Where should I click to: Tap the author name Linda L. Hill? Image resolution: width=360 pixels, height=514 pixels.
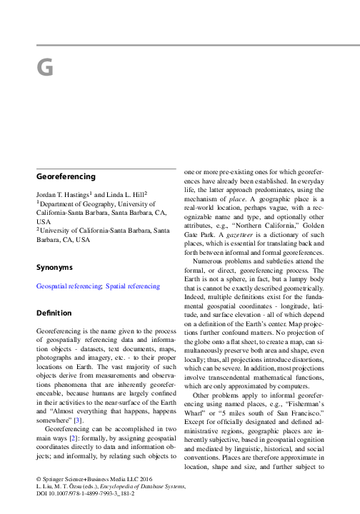(x=126, y=194)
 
